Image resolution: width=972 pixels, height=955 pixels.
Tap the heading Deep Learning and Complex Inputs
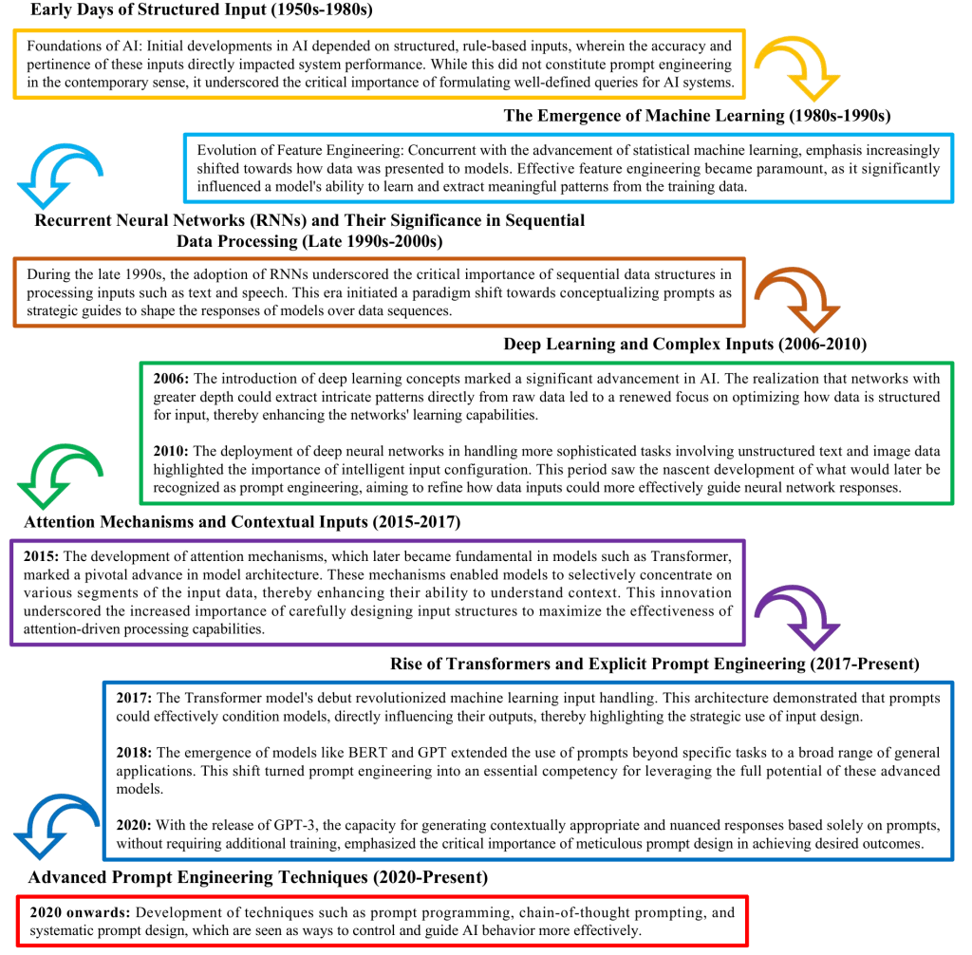(x=684, y=344)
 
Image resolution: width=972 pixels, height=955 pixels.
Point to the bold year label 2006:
(x=172, y=379)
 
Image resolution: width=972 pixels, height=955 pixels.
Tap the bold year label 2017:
(x=135, y=698)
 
